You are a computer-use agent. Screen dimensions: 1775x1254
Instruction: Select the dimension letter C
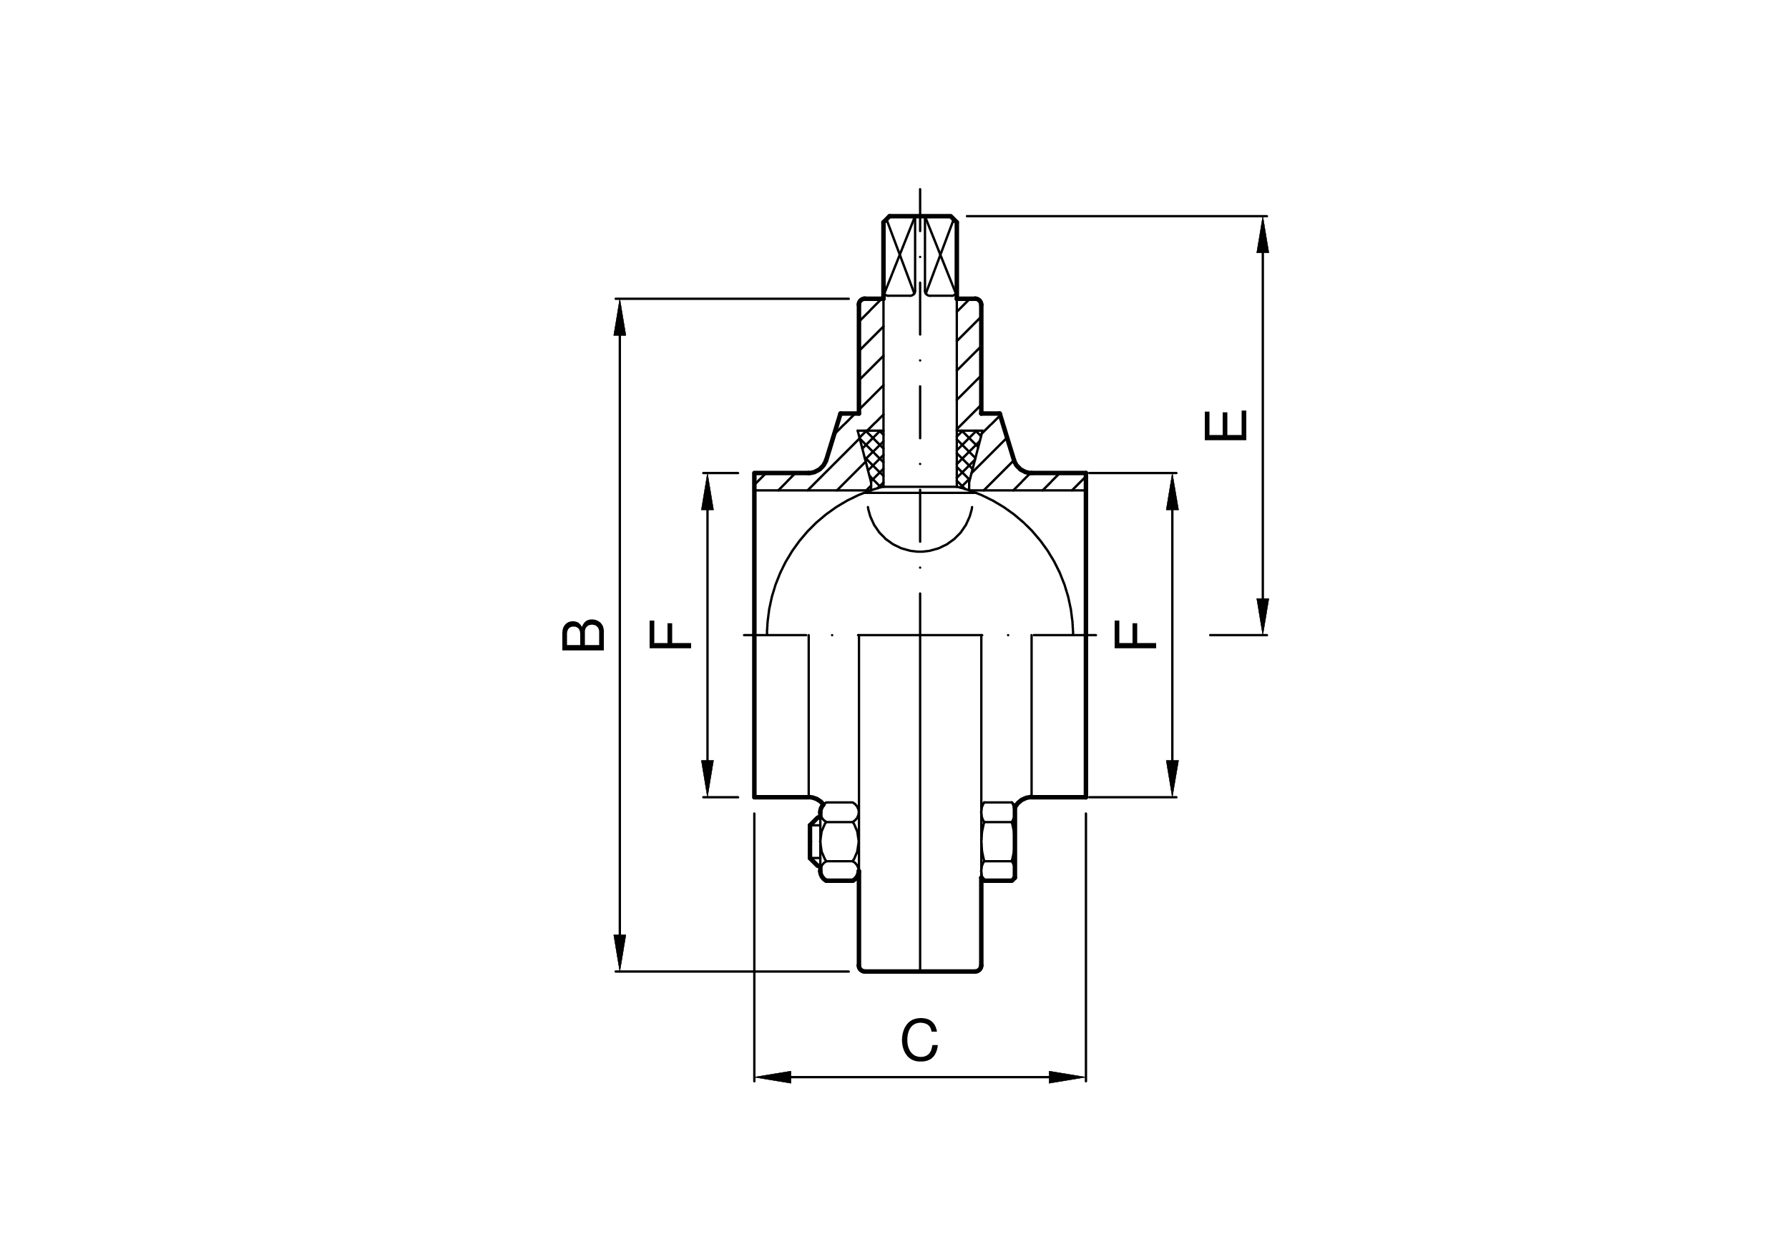tap(919, 1041)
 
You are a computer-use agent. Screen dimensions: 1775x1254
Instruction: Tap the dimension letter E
tap(1226, 425)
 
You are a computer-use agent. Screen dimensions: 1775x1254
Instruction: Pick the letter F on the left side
tap(670, 634)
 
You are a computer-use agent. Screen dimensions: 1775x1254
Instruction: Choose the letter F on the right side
tap(1135, 634)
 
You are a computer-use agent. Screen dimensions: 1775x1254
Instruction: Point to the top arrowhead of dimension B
tap(620, 317)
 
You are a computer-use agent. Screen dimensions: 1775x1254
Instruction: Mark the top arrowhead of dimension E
tap(1263, 234)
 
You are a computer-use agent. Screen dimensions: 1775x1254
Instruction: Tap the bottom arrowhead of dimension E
tap(1263, 616)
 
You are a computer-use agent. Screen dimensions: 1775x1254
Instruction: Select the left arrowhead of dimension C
tap(772, 1077)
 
